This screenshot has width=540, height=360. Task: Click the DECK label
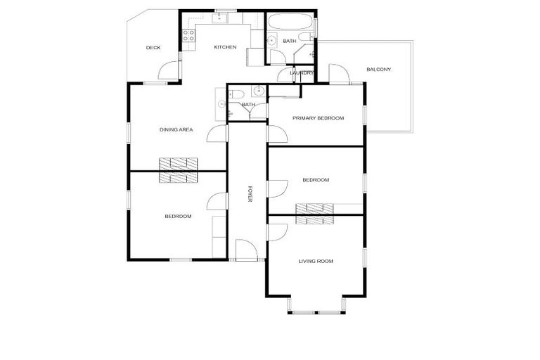click(153, 48)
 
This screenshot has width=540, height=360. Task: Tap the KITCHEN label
click(225, 48)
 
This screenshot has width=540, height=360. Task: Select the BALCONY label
click(379, 70)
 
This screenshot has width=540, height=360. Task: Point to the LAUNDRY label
click(301, 72)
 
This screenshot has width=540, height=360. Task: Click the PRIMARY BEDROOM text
click(319, 118)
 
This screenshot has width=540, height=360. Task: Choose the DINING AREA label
click(176, 129)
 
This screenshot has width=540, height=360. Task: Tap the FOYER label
click(249, 195)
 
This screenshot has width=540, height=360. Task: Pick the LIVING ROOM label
click(316, 262)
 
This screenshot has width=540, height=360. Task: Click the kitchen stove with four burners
click(189, 34)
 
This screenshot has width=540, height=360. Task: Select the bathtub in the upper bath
click(290, 20)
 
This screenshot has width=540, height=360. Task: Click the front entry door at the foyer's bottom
click(245, 250)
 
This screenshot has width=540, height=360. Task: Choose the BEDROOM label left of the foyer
click(178, 217)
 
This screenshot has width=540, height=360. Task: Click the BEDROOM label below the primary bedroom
click(316, 180)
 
